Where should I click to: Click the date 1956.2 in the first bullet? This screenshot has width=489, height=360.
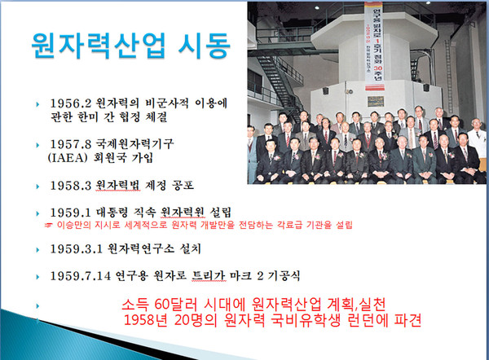pyautogui.click(x=70, y=105)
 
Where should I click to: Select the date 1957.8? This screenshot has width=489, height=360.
pyautogui.click(x=70, y=144)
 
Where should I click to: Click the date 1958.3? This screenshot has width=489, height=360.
pyautogui.click(x=70, y=184)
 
